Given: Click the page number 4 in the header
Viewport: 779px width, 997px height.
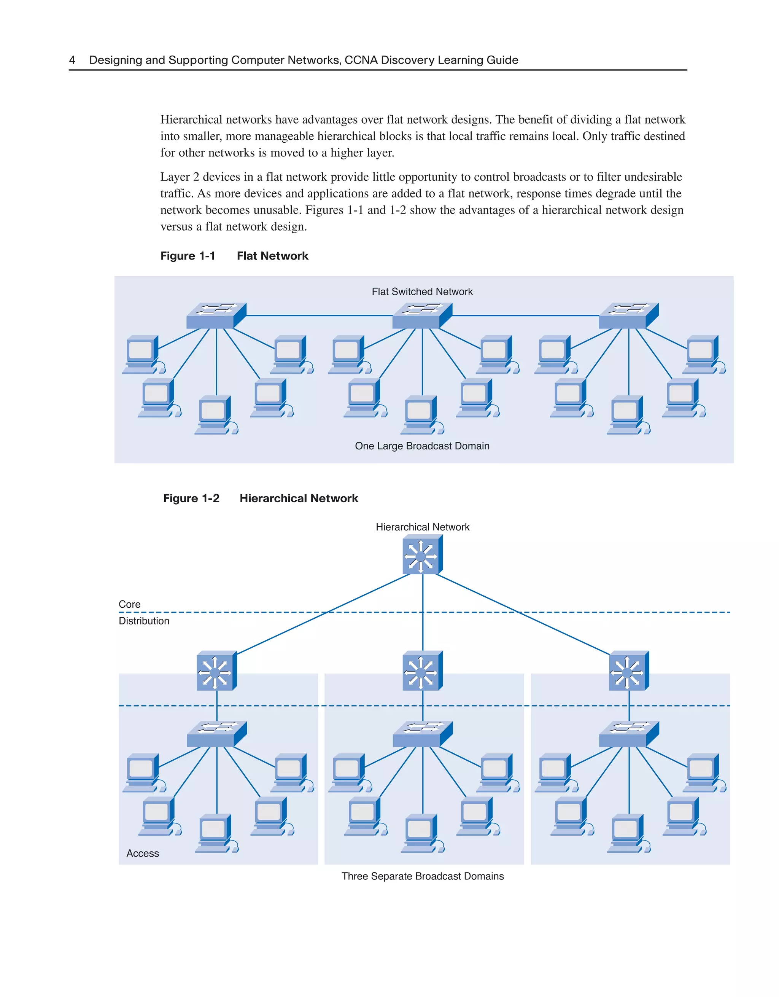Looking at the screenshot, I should point(72,60).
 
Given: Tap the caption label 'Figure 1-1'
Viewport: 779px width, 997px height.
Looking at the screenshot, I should point(188,256).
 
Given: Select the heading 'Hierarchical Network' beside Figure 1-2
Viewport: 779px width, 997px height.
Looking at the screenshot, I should point(299,498).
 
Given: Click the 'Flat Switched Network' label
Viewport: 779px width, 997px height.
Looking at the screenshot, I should point(422,292).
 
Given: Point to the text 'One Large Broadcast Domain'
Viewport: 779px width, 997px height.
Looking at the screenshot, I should point(422,446).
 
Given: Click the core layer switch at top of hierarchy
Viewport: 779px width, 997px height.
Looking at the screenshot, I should point(422,556).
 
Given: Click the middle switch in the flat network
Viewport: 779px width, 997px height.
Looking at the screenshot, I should point(422,316).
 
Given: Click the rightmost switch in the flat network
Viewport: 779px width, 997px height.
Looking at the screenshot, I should point(628,316).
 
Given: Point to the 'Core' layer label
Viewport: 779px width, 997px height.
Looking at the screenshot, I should point(130,604).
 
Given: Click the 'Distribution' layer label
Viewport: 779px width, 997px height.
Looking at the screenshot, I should point(144,621).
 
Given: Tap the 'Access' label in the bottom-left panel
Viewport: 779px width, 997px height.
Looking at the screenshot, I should point(142,854).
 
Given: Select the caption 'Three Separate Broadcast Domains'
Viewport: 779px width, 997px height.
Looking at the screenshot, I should point(422,876).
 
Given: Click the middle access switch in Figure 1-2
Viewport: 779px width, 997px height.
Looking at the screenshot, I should point(422,734).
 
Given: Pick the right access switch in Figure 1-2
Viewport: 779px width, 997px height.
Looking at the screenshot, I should point(628,734).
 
